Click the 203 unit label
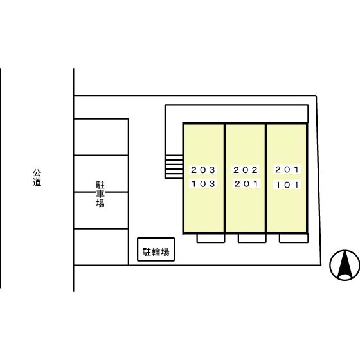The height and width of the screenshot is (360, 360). [x=203, y=170]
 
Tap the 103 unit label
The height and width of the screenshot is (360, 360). [x=203, y=184]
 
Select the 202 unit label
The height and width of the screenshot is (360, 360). [x=246, y=170]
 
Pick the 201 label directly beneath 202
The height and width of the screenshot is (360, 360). [x=246, y=184]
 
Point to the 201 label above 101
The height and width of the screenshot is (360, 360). [x=287, y=170]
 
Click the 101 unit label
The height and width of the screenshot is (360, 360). [x=287, y=184]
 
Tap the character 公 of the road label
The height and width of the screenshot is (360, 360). [x=37, y=173]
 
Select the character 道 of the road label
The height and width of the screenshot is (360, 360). [x=37, y=182]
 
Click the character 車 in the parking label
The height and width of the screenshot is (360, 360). [x=100, y=194]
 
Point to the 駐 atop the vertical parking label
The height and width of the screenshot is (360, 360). [x=100, y=185]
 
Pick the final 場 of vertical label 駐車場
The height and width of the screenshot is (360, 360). [x=100, y=203]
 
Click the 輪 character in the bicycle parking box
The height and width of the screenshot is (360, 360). [x=156, y=252]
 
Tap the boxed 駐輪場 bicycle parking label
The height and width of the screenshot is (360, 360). [x=156, y=252]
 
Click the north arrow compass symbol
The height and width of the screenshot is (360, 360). [x=345, y=265]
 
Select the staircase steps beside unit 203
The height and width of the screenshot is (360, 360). [x=174, y=167]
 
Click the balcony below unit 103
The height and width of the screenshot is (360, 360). [x=211, y=238]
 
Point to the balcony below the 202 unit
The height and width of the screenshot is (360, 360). [x=252, y=238]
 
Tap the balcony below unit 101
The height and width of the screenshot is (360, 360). [x=294, y=238]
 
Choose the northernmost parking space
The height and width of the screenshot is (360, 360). [x=101, y=137]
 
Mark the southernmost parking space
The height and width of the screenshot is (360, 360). [x=101, y=247]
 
